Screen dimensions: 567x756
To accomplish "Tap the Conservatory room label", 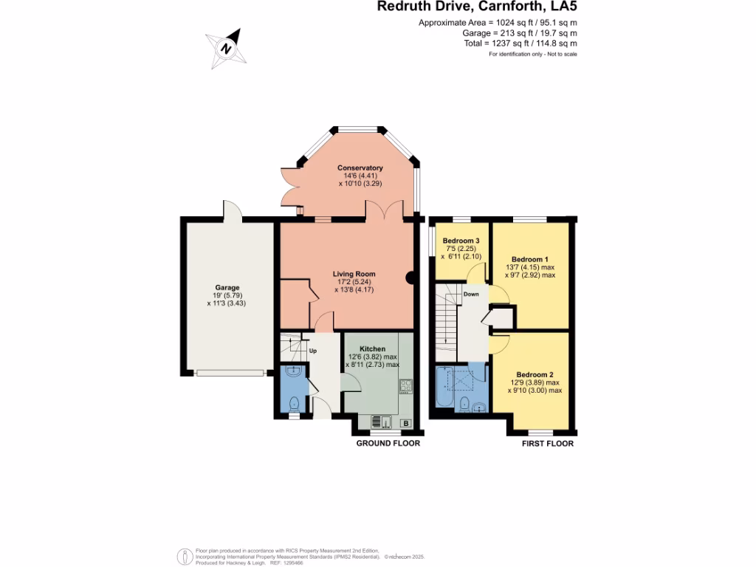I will pyautogui.click(x=360, y=168).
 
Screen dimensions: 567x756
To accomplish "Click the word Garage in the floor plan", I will pyautogui.click(x=227, y=288).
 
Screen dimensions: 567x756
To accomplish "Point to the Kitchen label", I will pyautogui.click(x=372, y=348).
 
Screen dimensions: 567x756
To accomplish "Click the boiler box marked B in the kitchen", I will pyautogui.click(x=405, y=423).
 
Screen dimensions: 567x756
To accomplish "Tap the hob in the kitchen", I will pyautogui.click(x=405, y=385).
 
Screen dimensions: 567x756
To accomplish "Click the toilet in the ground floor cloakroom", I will pyautogui.click(x=294, y=403).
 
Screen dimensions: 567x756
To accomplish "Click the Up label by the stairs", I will pyautogui.click(x=312, y=351).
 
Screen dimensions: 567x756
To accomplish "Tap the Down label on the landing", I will pyautogui.click(x=471, y=294).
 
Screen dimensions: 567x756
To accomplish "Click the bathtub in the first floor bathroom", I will pyautogui.click(x=443, y=388).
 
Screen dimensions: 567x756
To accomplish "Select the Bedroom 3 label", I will pyautogui.click(x=461, y=241).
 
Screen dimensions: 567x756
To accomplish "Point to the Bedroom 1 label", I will pyautogui.click(x=530, y=259).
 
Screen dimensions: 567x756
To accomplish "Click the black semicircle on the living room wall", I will pyautogui.click(x=410, y=278).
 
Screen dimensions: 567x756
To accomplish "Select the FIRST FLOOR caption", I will pyautogui.click(x=548, y=444).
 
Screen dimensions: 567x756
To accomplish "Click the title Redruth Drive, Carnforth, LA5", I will pyautogui.click(x=477, y=7).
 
